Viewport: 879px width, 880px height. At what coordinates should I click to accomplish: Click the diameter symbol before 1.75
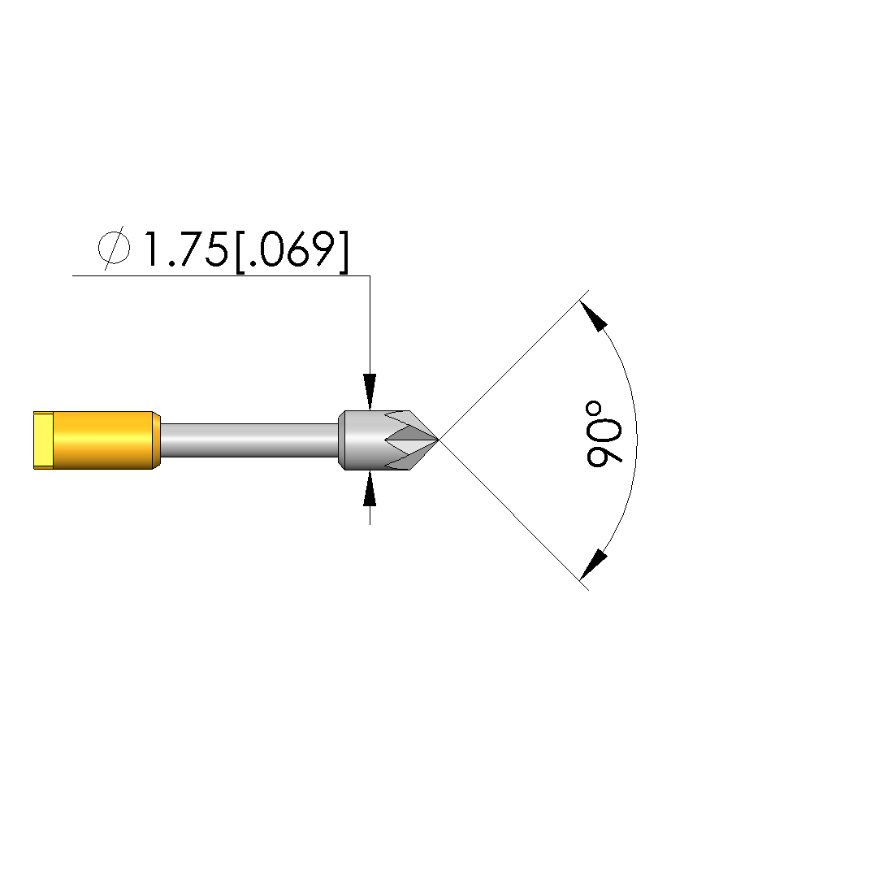coord(114,248)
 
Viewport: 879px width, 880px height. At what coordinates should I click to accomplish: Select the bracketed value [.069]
coord(292,250)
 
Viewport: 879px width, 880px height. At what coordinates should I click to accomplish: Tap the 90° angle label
coord(604,434)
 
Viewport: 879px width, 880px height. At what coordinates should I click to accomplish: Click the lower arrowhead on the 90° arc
coord(594,564)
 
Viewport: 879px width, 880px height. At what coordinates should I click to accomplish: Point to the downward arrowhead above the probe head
coord(370,392)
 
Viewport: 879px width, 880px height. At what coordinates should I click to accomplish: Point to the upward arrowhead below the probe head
coord(370,489)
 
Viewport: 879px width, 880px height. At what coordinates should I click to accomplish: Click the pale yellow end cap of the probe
coord(44,440)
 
